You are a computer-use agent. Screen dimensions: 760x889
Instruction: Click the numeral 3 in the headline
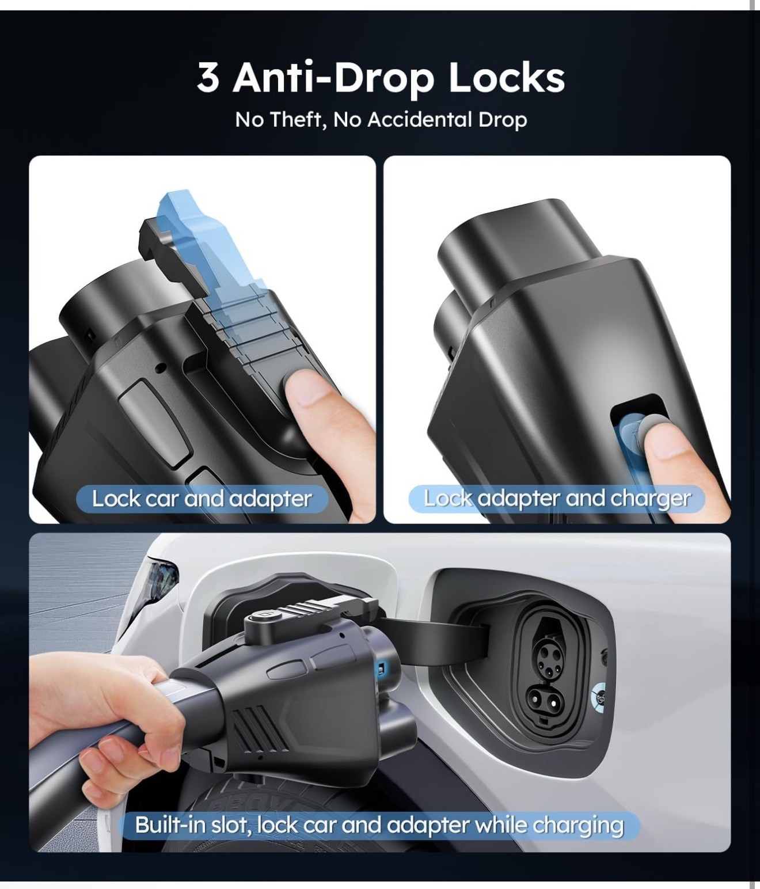coord(208,77)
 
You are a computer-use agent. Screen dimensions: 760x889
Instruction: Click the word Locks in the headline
coord(506,77)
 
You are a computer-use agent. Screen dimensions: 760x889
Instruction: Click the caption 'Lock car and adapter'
coord(202,499)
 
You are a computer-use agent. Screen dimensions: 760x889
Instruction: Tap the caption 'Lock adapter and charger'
coord(557,499)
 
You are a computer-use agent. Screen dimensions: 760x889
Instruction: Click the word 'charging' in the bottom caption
coord(578,826)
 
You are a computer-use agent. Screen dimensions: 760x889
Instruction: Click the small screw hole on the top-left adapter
coord(161,367)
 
